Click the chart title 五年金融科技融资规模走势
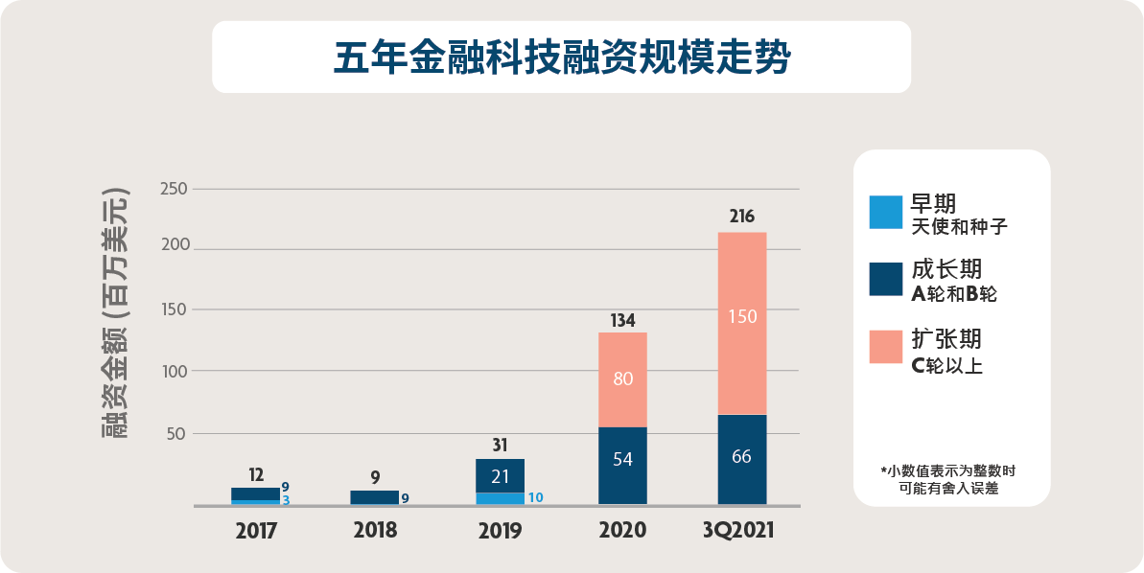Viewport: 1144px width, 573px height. pyautogui.click(x=561, y=57)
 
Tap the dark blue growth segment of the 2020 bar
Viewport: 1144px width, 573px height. pyautogui.click(x=622, y=466)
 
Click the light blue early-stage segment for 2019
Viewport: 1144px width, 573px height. pyautogui.click(x=500, y=498)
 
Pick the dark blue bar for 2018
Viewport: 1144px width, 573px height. pyautogui.click(x=374, y=497)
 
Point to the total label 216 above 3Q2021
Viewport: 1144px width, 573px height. pyautogui.click(x=741, y=217)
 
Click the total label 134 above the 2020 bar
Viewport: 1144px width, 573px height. pyautogui.click(x=622, y=320)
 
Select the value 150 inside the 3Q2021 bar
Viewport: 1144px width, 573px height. pyautogui.click(x=742, y=317)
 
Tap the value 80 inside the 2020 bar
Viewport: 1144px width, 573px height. pyautogui.click(x=622, y=378)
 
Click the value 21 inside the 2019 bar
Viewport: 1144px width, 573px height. pyautogui.click(x=500, y=476)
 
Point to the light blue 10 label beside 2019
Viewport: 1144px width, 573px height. pyautogui.click(x=536, y=497)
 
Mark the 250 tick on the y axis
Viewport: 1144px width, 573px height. pyautogui.click(x=174, y=188)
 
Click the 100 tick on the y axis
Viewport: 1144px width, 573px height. pyautogui.click(x=174, y=371)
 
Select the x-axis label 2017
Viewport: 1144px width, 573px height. pyautogui.click(x=256, y=531)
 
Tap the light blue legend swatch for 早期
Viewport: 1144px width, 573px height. pyautogui.click(x=885, y=213)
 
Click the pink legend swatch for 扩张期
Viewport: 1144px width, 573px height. pyautogui.click(x=885, y=347)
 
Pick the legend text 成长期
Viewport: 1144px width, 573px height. pyautogui.click(x=946, y=269)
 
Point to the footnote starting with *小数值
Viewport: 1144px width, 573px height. pyautogui.click(x=950, y=479)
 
